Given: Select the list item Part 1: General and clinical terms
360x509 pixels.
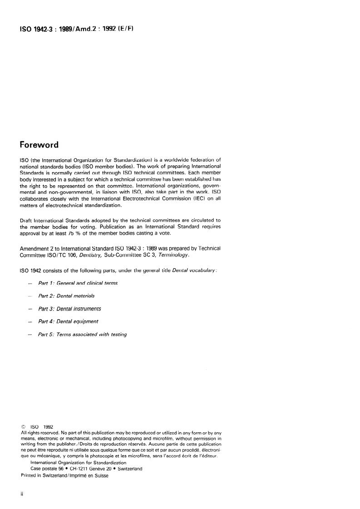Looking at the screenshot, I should tap(78, 283).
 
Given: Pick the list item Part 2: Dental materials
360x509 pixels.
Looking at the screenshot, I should tap(66, 296).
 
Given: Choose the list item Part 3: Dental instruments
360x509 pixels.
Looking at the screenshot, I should tap(69, 309).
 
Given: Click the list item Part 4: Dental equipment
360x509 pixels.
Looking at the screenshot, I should tap(68, 321).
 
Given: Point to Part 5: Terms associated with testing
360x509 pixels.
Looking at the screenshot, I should tap(82, 334).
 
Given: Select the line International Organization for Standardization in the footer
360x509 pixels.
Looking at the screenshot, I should tap(72, 463).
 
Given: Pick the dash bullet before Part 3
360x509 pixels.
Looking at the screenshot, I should tap(30, 309).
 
